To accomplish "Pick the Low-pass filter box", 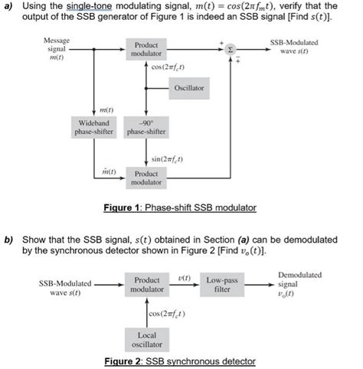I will (x=222, y=286).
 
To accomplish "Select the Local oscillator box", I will (x=146, y=338).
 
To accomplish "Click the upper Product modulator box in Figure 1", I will (x=147, y=50).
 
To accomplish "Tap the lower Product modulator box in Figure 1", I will (x=147, y=178).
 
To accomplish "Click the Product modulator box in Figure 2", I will (x=147, y=286).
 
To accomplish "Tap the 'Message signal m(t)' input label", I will (x=55, y=47).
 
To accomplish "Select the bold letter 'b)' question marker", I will (x=8, y=240).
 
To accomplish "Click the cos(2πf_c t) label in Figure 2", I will (x=168, y=315).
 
